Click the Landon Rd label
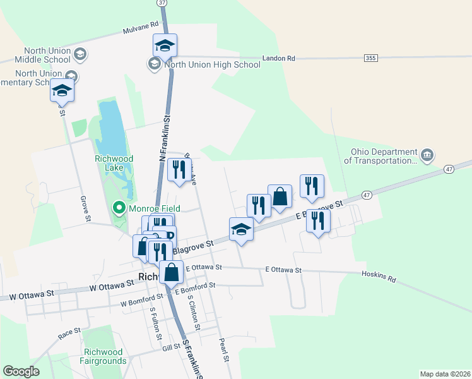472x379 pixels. click(283, 58)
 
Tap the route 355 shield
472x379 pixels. click(371, 58)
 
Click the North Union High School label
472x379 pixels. click(212, 64)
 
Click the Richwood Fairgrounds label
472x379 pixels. click(105, 356)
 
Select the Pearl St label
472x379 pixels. click(222, 349)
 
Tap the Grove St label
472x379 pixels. click(84, 208)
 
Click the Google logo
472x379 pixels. click(21, 371)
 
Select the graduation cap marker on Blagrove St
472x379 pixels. click(241, 229)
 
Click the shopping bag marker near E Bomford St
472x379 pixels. click(171, 273)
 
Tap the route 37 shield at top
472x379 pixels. click(163, 3)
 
